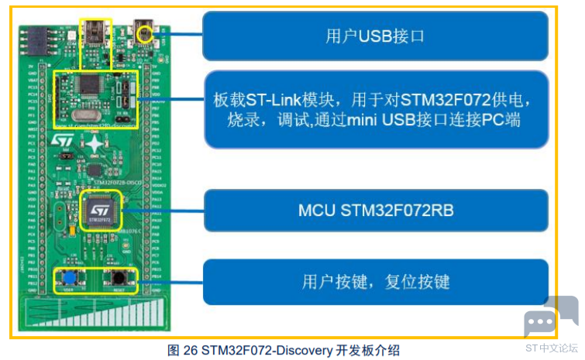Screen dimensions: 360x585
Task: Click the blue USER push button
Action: (x=69, y=278)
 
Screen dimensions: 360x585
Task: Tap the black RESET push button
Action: (x=119, y=278)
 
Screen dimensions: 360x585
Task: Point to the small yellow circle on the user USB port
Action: (x=143, y=33)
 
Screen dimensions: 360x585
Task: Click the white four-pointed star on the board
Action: (x=94, y=144)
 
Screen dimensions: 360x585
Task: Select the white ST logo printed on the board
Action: (x=61, y=141)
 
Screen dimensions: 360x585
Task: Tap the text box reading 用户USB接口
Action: (x=375, y=37)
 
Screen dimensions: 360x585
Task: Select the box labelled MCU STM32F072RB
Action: (x=375, y=210)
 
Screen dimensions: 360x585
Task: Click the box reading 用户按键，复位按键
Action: (x=375, y=280)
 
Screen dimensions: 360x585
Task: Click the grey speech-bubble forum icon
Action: (x=549, y=317)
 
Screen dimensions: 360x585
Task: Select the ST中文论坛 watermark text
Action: (x=551, y=348)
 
